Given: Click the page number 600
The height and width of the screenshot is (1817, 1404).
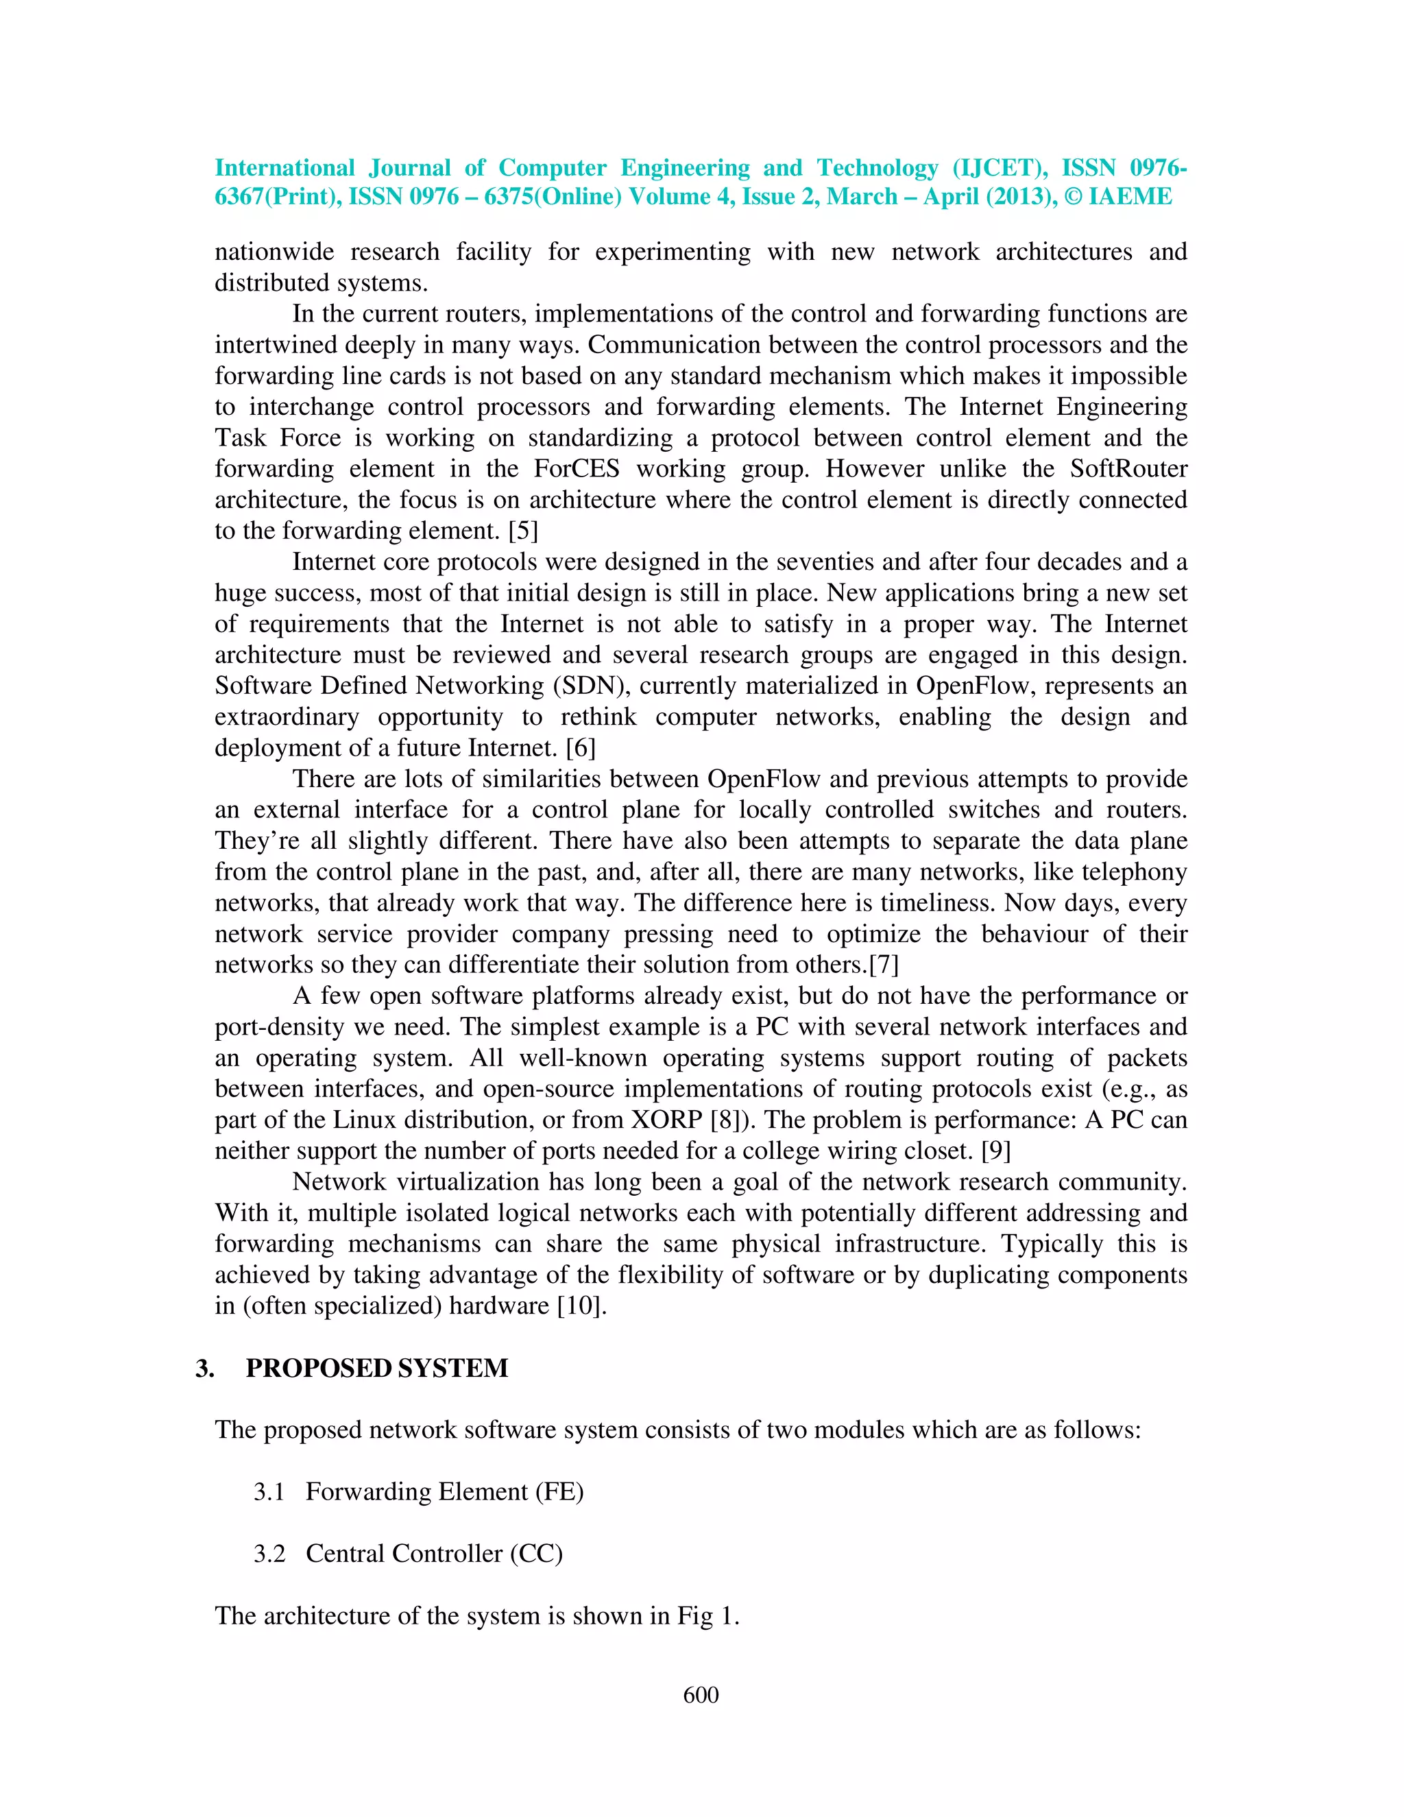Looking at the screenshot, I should coord(701,1695).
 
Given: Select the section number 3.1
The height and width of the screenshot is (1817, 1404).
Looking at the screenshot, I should coord(269,1492).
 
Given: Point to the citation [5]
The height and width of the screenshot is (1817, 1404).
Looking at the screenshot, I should coord(523,531).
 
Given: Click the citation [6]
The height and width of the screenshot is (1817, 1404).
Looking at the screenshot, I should coord(581,748).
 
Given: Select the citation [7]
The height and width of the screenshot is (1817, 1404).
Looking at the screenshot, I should coord(884,965).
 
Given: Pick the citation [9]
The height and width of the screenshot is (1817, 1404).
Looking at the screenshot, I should coord(995,1151).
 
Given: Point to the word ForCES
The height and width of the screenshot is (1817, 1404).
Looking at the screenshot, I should coord(577,469).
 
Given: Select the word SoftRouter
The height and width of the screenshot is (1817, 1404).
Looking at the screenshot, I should coord(1128,469).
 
